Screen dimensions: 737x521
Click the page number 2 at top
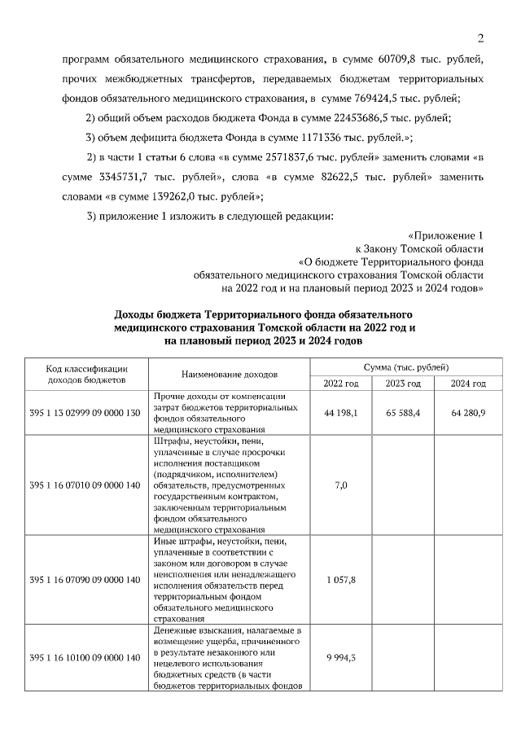(480, 38)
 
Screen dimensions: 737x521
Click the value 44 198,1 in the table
(340, 414)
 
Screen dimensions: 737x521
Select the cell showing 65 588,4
(403, 414)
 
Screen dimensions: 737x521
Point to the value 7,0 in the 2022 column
(340, 485)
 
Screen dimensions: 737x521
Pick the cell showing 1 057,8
(340, 579)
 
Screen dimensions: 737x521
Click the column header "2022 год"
(340, 384)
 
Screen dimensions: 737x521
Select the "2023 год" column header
(403, 384)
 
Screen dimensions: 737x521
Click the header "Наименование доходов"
(230, 374)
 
